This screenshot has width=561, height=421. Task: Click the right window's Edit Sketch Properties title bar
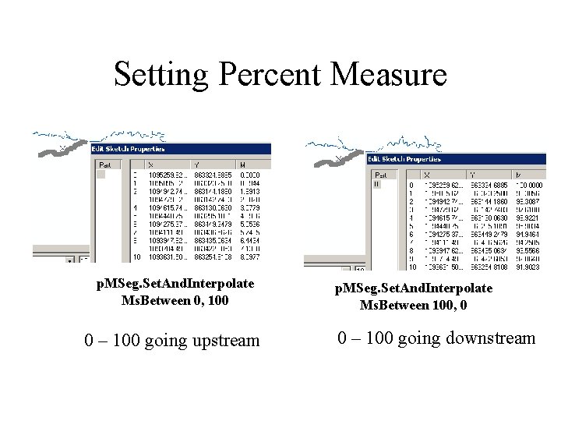pyautogui.click(x=405, y=159)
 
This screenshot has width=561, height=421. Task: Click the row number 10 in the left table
pyautogui.click(x=137, y=256)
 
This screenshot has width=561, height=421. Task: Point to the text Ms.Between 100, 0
pyautogui.click(x=414, y=304)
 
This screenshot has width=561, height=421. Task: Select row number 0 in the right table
pyautogui.click(x=411, y=185)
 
